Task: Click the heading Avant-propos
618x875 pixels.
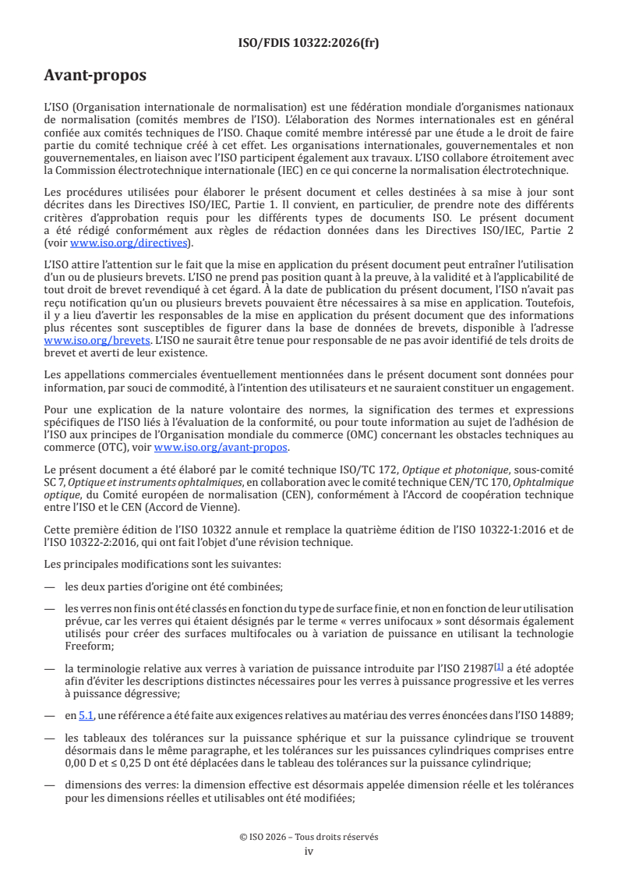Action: (95, 76)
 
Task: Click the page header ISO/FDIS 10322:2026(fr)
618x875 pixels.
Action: (309, 43)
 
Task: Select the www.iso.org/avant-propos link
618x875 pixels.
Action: (221, 448)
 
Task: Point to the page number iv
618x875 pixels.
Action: (309, 851)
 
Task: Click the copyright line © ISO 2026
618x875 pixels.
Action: (309, 837)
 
